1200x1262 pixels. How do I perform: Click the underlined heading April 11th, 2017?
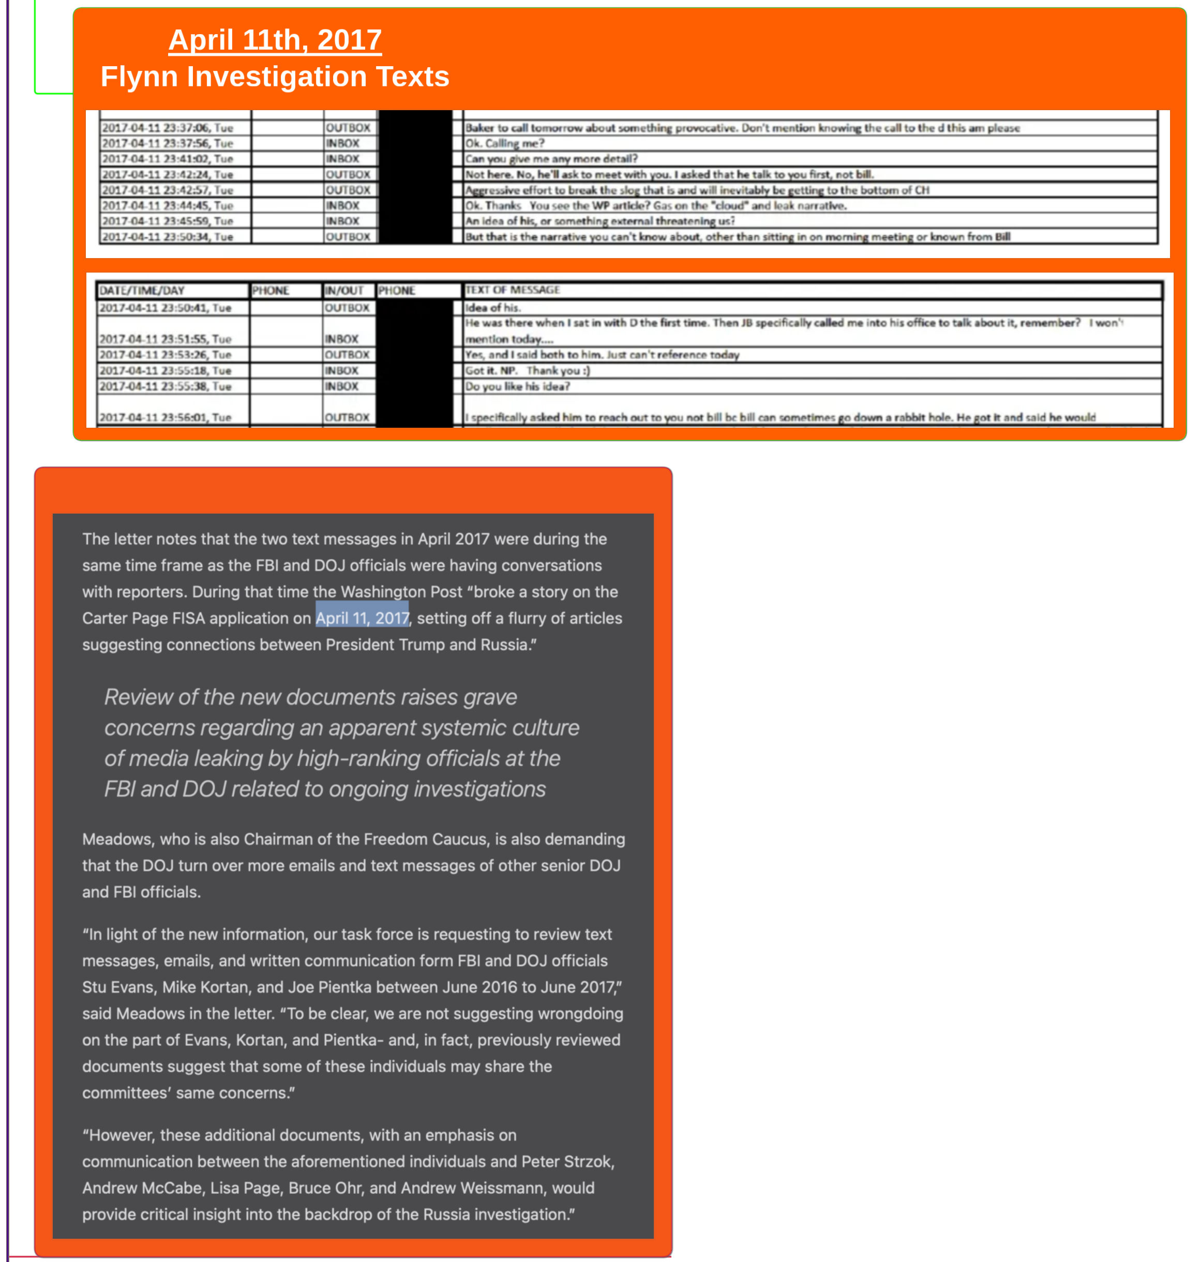point(275,40)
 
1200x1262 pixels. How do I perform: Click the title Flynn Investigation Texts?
point(275,77)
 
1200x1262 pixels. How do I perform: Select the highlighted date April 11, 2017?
point(362,618)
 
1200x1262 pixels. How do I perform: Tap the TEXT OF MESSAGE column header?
point(513,290)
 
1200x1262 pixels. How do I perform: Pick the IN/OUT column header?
point(344,290)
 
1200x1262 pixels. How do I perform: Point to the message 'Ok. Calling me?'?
point(505,143)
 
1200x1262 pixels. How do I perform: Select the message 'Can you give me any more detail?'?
point(551,159)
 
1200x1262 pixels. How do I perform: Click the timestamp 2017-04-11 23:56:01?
point(165,417)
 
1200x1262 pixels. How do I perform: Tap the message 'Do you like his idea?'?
point(517,386)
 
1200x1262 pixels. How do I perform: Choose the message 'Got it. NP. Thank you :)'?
point(528,370)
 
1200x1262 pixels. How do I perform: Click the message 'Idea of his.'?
point(492,308)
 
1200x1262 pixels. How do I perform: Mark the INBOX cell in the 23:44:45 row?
point(343,205)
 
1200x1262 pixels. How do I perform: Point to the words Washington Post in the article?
point(401,592)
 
